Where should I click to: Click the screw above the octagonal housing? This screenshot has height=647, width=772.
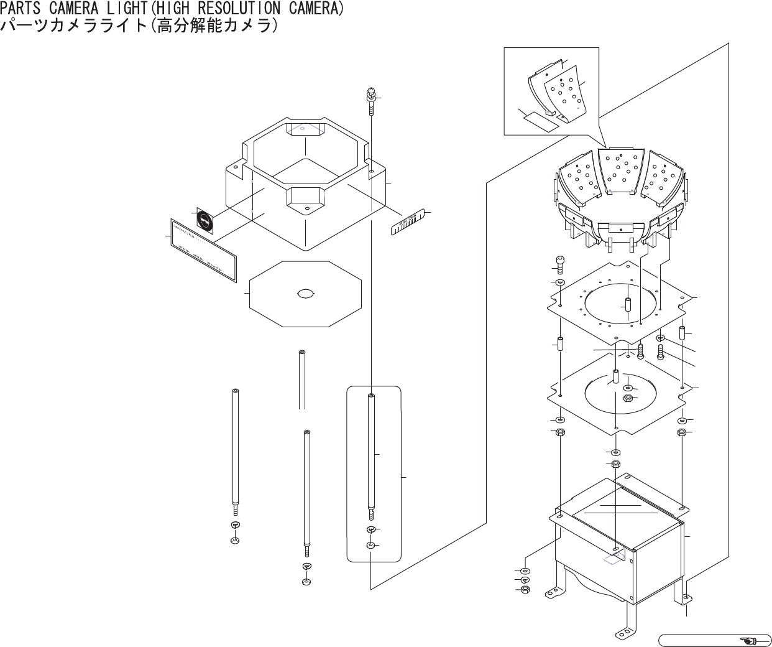(370, 100)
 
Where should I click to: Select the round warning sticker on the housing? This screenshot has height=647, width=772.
(204, 220)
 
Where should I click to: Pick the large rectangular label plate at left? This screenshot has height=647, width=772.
(204, 250)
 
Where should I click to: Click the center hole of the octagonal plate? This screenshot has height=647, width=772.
(306, 294)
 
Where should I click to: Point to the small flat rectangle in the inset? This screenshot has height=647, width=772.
(539, 119)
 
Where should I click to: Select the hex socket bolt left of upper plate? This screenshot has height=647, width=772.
(559, 264)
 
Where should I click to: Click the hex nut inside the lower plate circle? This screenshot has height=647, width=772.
(628, 398)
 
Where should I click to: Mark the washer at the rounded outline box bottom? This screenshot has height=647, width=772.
(371, 546)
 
